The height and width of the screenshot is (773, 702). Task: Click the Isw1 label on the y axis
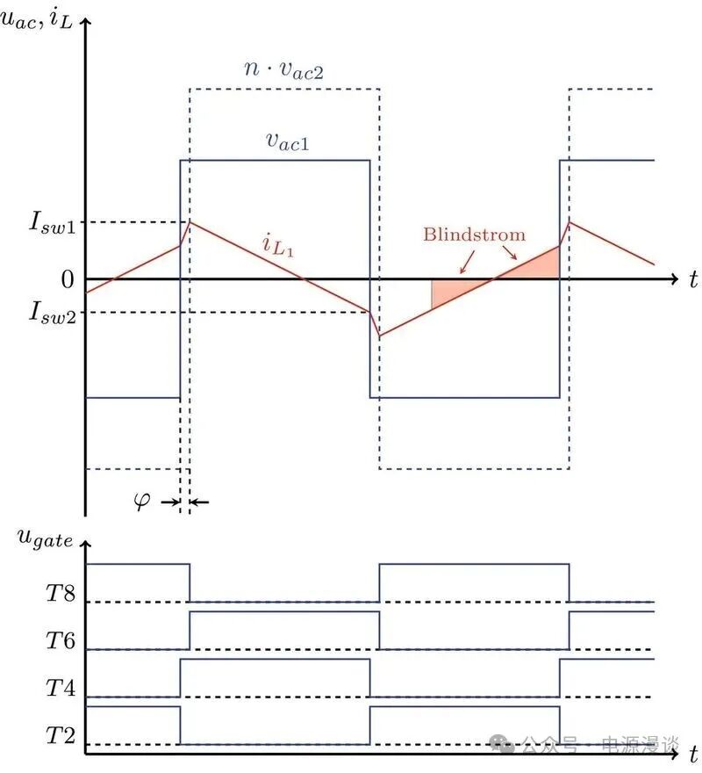coord(53,223)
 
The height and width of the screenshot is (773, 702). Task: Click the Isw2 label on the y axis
coord(53,313)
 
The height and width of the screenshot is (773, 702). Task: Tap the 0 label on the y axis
coord(68,279)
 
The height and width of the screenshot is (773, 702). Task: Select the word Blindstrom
coord(475,235)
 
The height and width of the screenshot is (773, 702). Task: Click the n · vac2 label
coord(284,69)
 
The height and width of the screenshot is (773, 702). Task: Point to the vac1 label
coord(288,141)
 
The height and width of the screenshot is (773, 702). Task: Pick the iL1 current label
coord(278,246)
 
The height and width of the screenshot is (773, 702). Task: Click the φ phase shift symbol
coord(142,502)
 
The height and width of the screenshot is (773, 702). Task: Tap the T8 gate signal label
coord(61,593)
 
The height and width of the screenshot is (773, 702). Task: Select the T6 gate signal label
coord(61,640)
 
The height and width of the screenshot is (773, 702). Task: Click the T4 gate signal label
coord(61,688)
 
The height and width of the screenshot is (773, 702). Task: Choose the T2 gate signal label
coord(61,735)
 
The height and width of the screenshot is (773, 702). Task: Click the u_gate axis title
coord(45,538)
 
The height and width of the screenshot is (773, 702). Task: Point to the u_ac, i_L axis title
coord(37,18)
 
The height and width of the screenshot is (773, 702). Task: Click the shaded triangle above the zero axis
coord(526,263)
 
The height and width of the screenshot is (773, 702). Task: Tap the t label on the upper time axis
coord(693,279)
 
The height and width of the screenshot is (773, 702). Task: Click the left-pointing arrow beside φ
coord(199,502)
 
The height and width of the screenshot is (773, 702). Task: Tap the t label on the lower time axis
coord(693,755)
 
